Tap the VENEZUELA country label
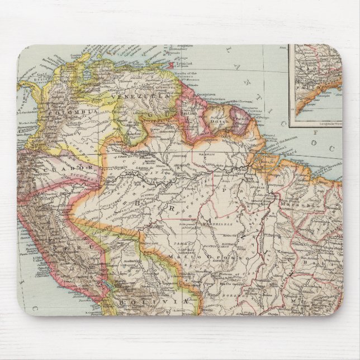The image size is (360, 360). point(134,99)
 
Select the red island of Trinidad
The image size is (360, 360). point(169,65)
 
